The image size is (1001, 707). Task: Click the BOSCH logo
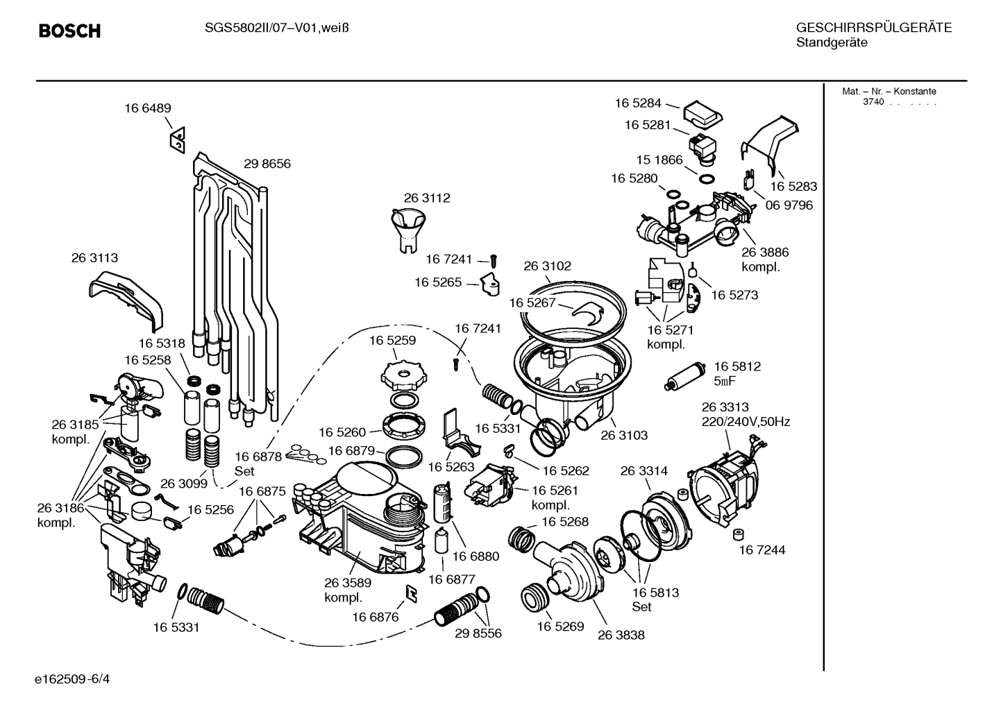coord(69,31)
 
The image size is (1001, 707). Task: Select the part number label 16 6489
coord(147,108)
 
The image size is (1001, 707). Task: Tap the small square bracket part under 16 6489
coord(177,141)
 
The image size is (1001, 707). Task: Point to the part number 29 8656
coord(267,164)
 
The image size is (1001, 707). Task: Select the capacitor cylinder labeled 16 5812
coord(685,375)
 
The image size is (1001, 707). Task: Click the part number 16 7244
coord(762,550)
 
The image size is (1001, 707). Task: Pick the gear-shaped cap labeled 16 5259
coord(401,375)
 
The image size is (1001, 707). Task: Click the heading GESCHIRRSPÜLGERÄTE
coord(873,28)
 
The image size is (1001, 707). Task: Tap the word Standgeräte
coord(831,43)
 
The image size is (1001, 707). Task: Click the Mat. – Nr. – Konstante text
coord(889,92)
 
